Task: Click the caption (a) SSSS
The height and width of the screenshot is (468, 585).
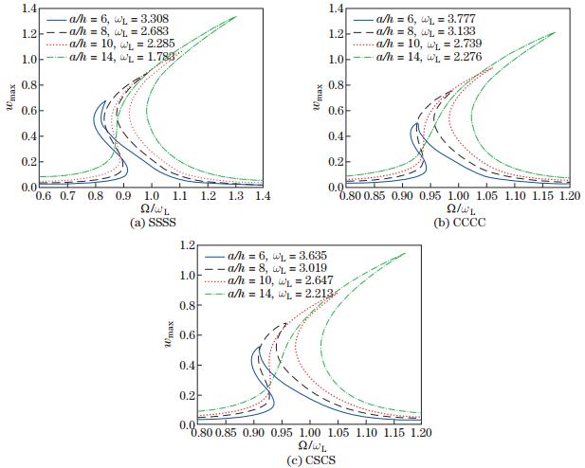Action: [152, 222]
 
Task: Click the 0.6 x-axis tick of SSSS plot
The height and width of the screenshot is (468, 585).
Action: [43, 196]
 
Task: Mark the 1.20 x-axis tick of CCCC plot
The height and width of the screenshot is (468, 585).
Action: [569, 196]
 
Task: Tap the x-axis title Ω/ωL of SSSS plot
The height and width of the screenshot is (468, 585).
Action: [152, 208]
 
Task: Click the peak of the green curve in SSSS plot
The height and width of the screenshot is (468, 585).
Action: [236, 16]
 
